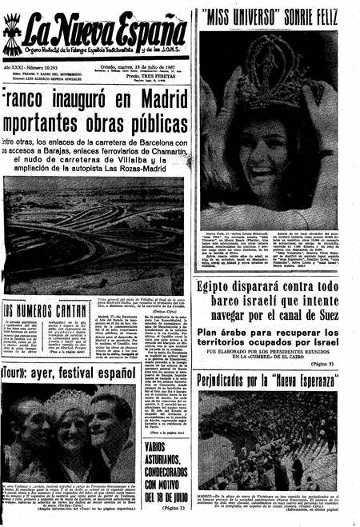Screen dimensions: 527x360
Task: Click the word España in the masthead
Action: [x=148, y=32]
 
